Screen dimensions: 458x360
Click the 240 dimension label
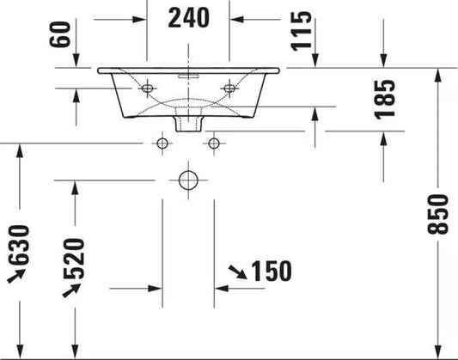coord(189,18)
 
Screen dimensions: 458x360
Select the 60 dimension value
coord(60,34)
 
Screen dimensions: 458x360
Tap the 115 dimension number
coord(301,31)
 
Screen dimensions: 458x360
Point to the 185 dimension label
coord(385,100)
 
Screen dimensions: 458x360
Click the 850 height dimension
coord(437,214)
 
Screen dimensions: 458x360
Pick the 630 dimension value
coord(19,245)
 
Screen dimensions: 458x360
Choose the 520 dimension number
coord(74,259)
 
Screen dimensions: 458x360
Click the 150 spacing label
coord(272,272)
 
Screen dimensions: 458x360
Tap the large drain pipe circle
coord(188,180)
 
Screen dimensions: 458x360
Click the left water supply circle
coord(162,143)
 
